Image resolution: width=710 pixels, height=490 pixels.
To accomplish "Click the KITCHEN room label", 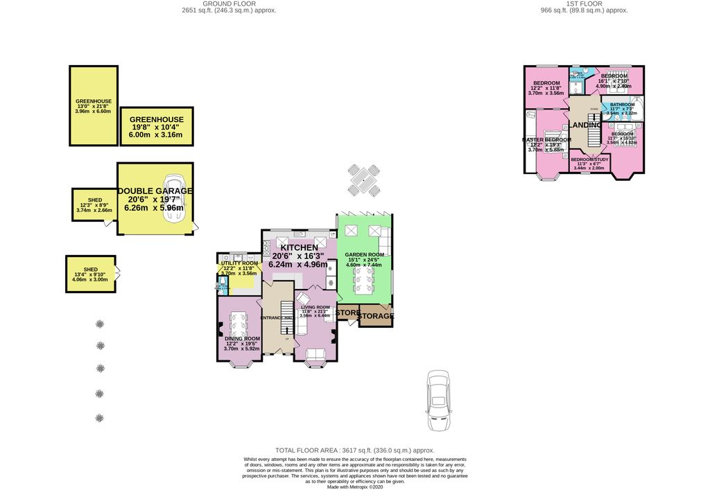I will point(300,247).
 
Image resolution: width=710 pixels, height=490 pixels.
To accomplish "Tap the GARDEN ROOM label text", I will point(364,255).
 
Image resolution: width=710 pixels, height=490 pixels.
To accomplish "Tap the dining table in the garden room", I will point(364,281).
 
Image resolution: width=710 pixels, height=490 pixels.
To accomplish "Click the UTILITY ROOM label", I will point(239,263).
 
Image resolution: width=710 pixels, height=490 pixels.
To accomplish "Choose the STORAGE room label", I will point(375,316).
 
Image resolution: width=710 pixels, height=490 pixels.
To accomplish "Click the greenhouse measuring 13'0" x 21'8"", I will point(94,106).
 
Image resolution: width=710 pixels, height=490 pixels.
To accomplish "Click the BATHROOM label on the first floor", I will point(622,105).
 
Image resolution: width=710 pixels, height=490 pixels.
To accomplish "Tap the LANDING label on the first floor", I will point(587,125).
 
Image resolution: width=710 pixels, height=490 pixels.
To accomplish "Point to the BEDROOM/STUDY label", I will point(589,159).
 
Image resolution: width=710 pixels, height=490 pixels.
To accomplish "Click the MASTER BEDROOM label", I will point(546,139).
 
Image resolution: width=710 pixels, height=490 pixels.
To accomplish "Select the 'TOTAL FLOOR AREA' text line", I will point(355,450).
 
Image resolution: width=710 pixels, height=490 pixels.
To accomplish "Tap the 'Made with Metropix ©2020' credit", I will point(355,487).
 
